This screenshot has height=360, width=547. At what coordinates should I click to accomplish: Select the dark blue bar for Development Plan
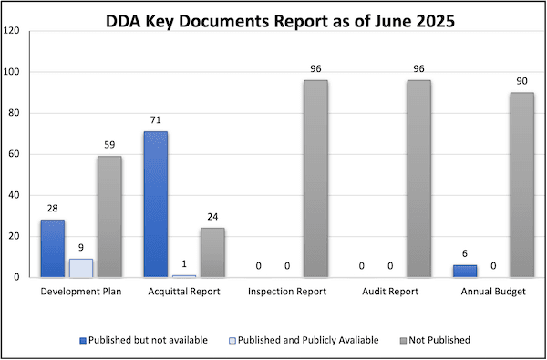(52, 248)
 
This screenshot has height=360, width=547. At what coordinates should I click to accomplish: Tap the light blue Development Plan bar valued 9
(81, 268)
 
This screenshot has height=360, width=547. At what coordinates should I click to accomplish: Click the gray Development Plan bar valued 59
(109, 217)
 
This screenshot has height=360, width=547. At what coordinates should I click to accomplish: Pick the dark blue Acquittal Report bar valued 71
(156, 204)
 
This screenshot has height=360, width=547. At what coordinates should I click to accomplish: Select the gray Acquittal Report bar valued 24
(212, 252)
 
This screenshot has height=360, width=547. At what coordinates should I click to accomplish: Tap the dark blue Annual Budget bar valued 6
(465, 271)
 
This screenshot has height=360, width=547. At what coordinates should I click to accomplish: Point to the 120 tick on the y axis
(13, 31)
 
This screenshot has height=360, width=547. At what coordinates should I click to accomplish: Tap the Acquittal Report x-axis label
(184, 293)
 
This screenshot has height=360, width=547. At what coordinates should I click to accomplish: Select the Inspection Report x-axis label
(287, 293)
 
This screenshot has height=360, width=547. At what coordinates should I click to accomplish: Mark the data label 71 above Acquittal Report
(156, 121)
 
